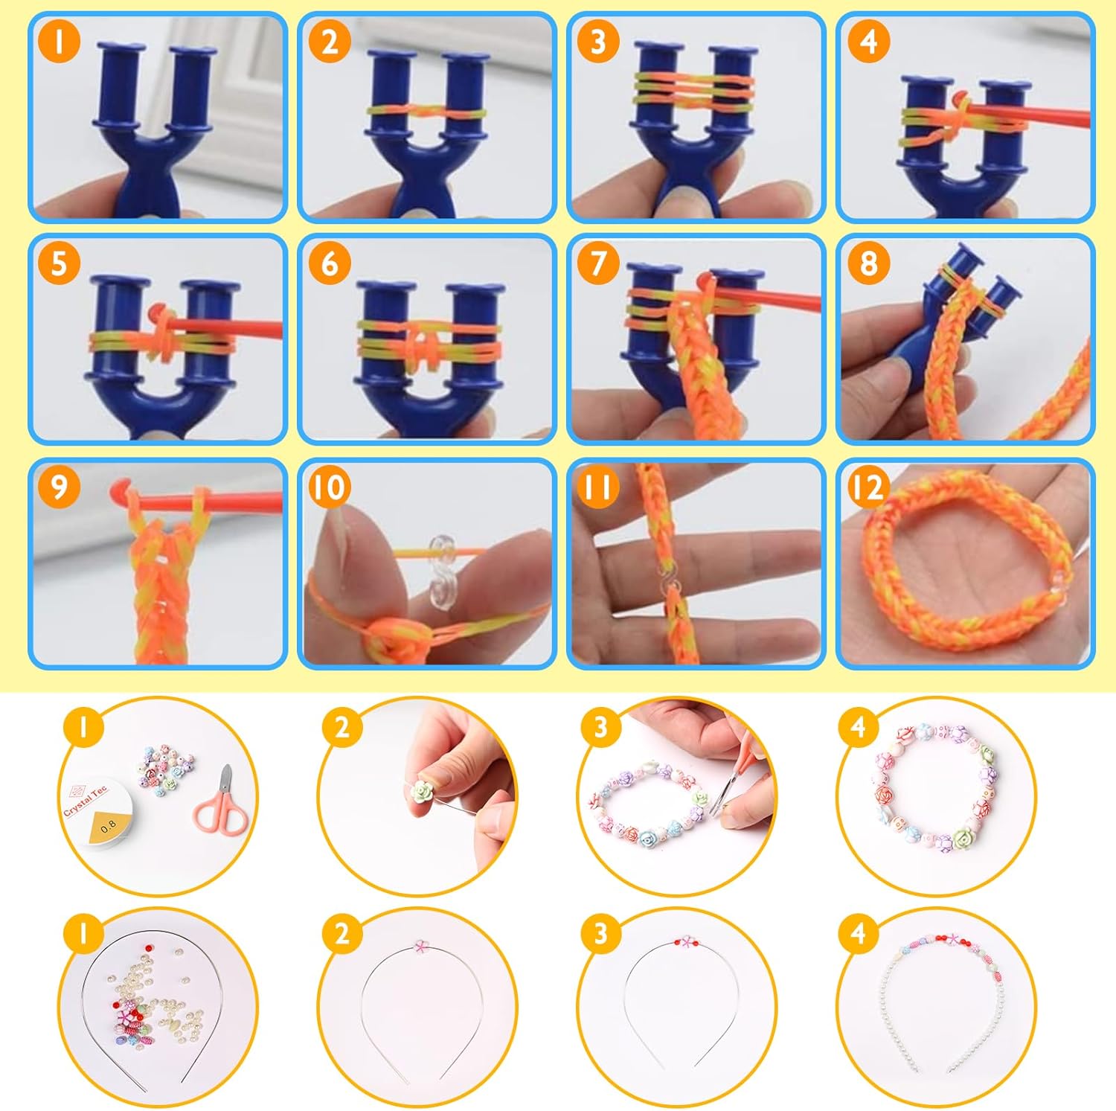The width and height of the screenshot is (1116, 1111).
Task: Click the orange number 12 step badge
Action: click(868, 487)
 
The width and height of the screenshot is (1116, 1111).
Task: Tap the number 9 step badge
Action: click(58, 487)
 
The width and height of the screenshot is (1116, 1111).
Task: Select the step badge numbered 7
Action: click(598, 263)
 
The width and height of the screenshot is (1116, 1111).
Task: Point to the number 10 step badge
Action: click(328, 487)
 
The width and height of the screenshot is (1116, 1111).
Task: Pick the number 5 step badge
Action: click(58, 263)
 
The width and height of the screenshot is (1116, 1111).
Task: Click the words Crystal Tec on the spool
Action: click(85, 799)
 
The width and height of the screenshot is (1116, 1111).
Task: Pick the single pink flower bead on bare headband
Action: click(421, 947)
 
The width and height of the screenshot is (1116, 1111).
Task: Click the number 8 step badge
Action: click(868, 263)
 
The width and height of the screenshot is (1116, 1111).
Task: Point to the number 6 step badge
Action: click(328, 263)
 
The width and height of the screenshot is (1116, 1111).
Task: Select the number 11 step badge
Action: click(598, 487)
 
